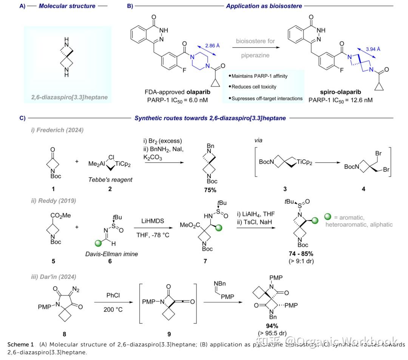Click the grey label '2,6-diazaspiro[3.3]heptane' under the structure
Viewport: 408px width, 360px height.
point(69,97)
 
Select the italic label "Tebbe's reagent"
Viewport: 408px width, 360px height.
point(110,179)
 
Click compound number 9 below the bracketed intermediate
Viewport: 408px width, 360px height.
point(170,334)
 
